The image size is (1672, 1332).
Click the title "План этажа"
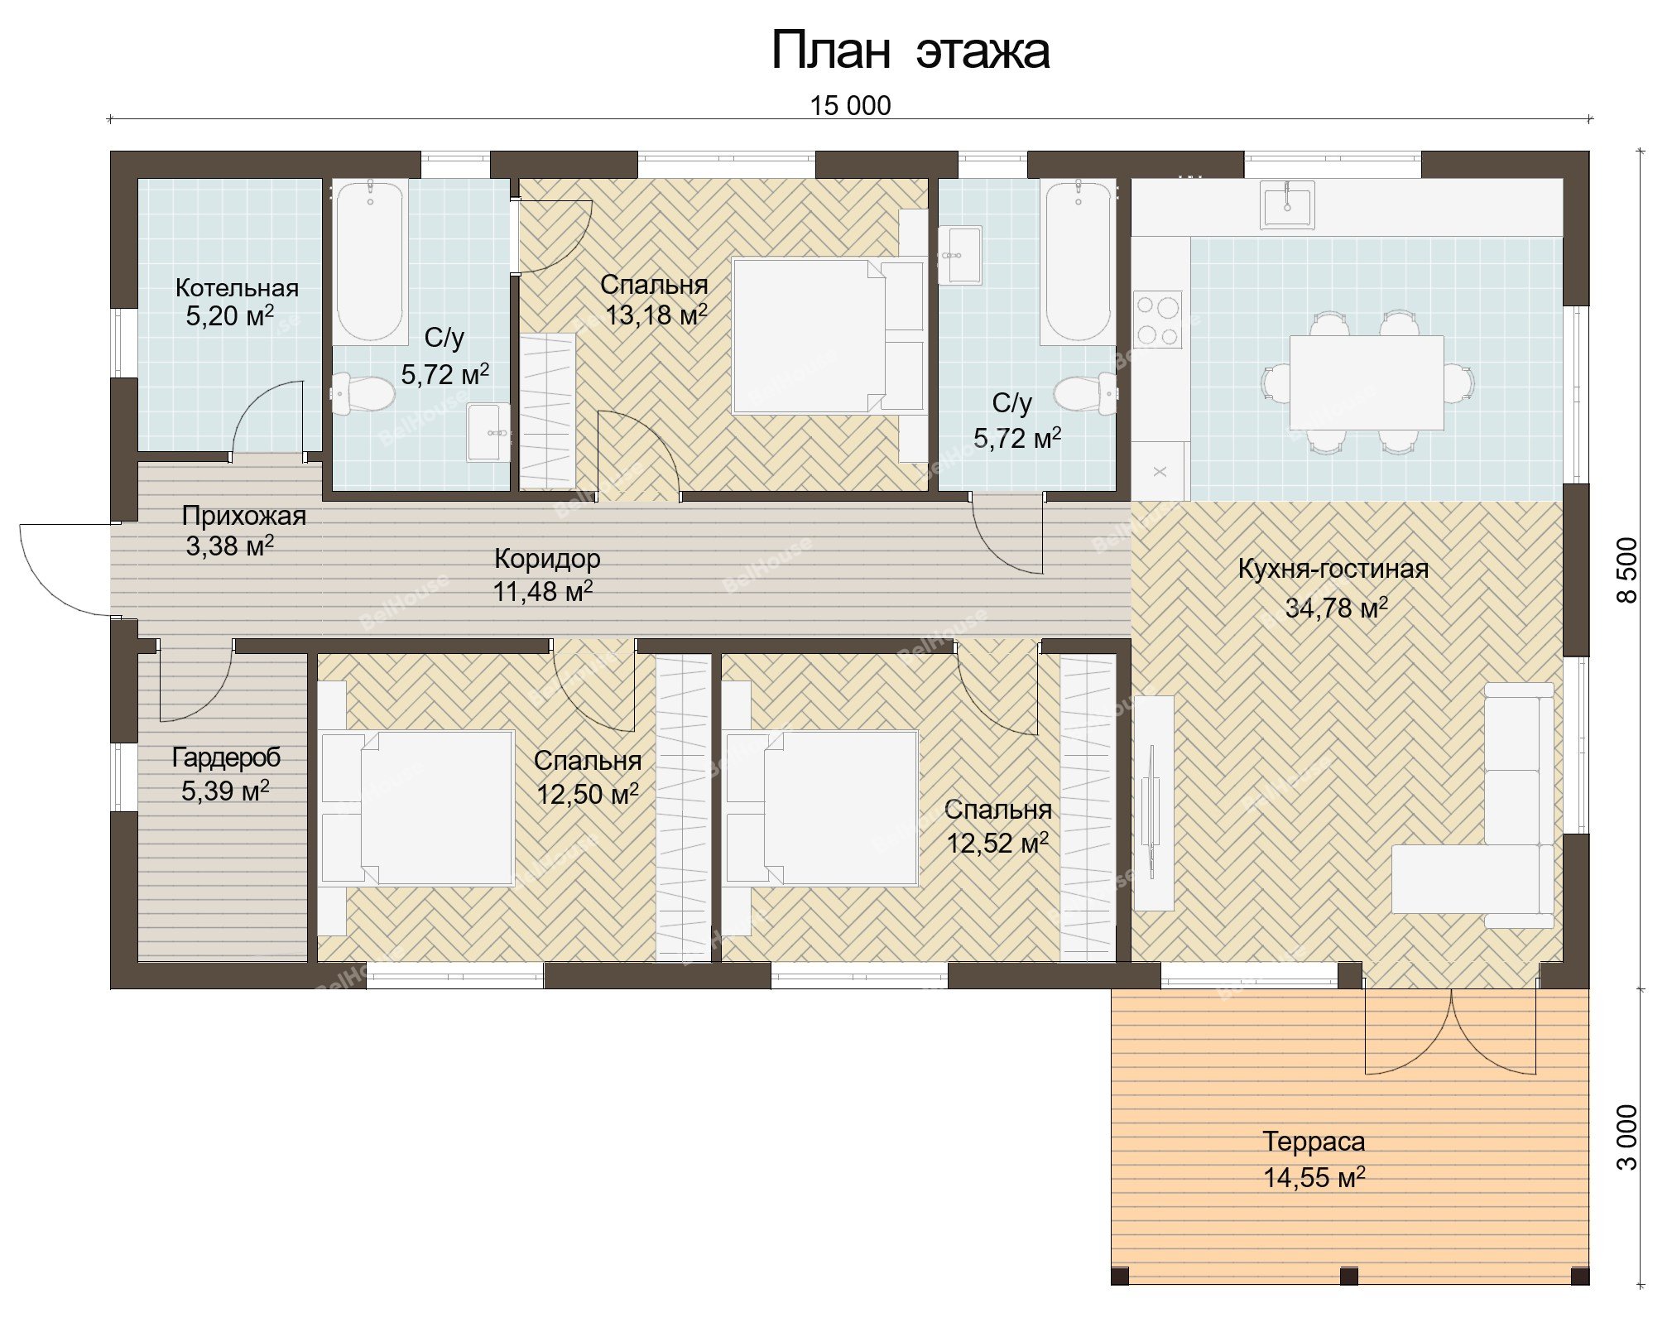click(x=910, y=51)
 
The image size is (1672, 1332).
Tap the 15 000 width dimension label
click(x=850, y=106)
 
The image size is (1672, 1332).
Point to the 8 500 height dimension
click(x=1626, y=570)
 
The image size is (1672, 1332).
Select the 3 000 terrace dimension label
click(x=1626, y=1137)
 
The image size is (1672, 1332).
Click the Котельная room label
click(x=237, y=288)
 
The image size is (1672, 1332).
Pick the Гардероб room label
click(x=226, y=757)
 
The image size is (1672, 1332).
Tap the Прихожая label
click(x=243, y=516)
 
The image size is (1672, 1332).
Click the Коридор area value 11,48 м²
click(x=543, y=591)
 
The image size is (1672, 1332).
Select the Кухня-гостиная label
click(x=1333, y=569)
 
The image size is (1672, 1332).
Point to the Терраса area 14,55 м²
click(x=1314, y=1176)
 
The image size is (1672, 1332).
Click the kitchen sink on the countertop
click(x=1287, y=204)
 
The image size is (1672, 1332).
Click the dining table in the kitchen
click(x=1367, y=382)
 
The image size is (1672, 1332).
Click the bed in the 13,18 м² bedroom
click(x=828, y=336)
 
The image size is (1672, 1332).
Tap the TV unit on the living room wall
click(x=1153, y=803)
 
